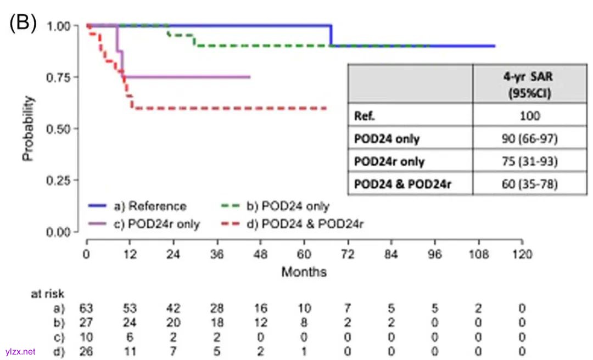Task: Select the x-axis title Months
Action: coord(304,272)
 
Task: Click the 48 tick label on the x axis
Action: coord(261,254)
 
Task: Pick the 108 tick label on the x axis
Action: coord(478,254)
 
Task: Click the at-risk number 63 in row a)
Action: coord(87,308)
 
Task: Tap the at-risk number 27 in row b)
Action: coord(87,323)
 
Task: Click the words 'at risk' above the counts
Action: coord(47,294)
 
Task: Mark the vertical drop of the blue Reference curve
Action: coord(331,36)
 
